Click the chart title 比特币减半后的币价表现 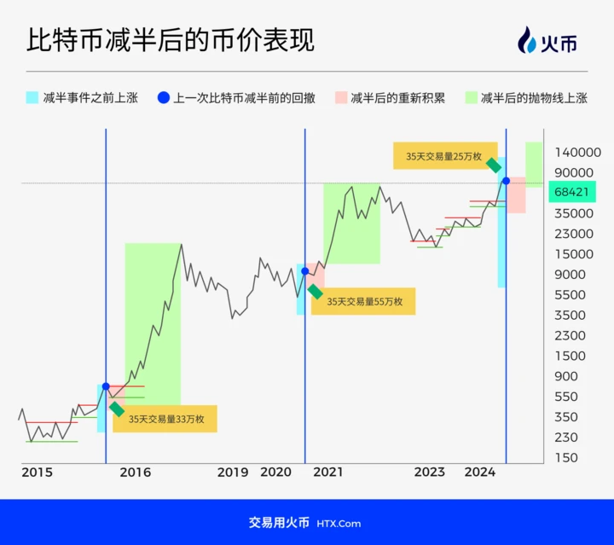[171, 39]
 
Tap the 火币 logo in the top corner [547, 40]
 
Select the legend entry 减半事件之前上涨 [82, 97]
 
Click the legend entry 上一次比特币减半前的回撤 [236, 97]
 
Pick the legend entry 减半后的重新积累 [390, 97]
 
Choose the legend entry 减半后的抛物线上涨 [526, 97]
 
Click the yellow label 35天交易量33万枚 [165, 419]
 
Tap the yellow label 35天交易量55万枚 [363, 301]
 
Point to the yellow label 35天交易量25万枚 [445, 156]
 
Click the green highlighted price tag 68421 [572, 192]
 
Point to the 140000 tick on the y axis [577, 153]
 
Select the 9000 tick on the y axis [571, 275]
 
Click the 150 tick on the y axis [566, 458]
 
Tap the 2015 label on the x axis [38, 473]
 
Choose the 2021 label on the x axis [328, 473]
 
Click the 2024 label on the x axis [480, 473]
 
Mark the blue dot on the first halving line [106, 386]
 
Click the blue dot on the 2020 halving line [305, 271]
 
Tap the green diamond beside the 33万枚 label [117, 409]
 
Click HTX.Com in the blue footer [339, 524]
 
